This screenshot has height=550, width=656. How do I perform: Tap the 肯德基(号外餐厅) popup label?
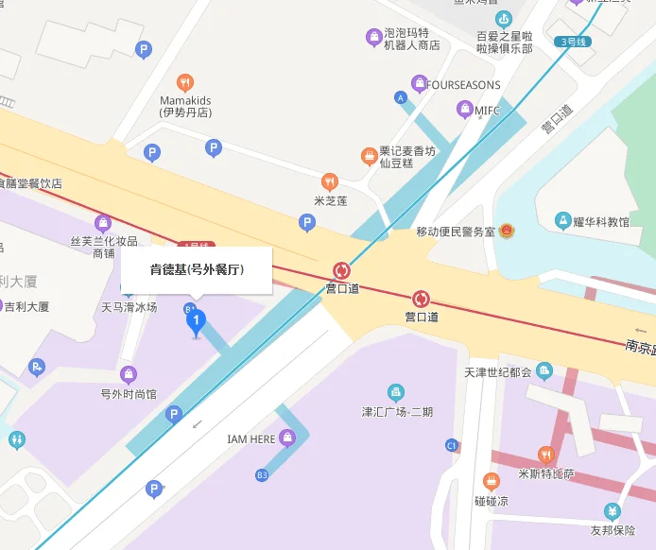pos(197,270)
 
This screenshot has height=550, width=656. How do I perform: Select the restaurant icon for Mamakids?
pos(185,82)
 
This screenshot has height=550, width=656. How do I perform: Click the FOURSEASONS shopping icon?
pos(419,84)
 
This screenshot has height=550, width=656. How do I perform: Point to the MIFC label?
pos(487,111)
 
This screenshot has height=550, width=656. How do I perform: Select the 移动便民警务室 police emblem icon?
pos(507,231)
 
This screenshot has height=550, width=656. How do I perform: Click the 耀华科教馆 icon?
pos(563,221)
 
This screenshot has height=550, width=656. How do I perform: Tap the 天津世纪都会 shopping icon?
pos(544,370)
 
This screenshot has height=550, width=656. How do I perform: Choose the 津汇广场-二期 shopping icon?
pos(395,392)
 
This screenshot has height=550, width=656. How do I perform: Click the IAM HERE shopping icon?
pos(287,438)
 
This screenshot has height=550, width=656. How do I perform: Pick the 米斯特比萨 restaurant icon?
pos(545,455)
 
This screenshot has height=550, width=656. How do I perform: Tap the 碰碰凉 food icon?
pos(491,481)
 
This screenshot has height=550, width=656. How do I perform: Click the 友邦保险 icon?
pos(613,511)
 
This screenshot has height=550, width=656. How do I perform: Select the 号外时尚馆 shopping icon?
pos(129,374)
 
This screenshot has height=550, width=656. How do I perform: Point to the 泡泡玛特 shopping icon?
pos(374,38)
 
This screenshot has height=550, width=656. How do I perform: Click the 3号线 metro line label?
pos(575,42)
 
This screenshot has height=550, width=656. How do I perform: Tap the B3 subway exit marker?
pos(262,474)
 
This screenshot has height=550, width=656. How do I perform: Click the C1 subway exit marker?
pos(452,445)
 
